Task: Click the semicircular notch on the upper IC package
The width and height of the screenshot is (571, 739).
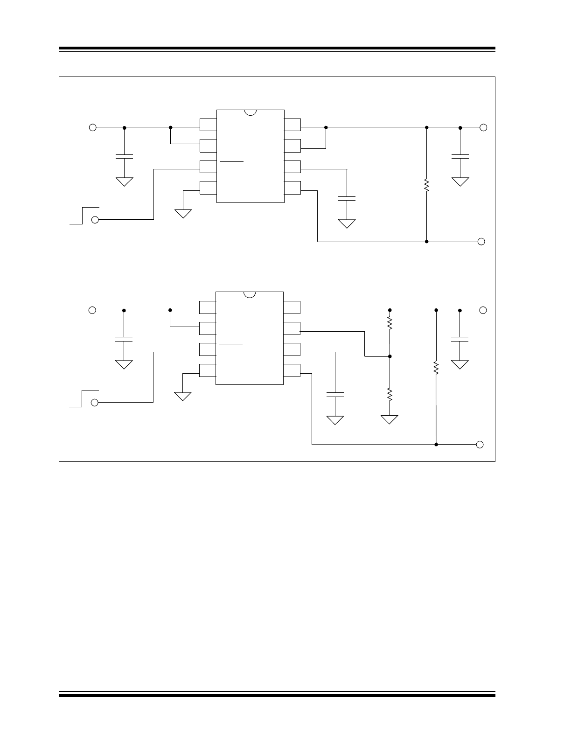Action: [x=251, y=112]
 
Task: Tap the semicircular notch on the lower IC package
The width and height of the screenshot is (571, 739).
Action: [x=250, y=294]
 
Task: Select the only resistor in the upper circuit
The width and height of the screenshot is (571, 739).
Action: [x=426, y=185]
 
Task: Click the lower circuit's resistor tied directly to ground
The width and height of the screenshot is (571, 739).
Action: [x=390, y=395]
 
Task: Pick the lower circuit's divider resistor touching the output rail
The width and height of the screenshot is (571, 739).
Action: [x=390, y=322]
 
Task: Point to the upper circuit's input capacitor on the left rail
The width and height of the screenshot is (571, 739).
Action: [x=124, y=156]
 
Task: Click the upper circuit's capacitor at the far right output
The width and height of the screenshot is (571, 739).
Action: [x=460, y=156]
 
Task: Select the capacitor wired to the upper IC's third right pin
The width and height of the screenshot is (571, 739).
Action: [x=347, y=198]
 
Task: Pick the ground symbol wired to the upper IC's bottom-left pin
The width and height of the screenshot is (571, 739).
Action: [x=183, y=214]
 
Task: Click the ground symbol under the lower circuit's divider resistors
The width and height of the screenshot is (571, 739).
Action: [x=390, y=419]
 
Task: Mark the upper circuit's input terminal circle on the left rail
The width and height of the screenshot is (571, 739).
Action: [x=93, y=127]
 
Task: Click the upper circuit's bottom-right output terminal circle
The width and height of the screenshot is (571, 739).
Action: [x=481, y=242]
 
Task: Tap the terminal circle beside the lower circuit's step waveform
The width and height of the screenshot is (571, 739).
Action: [x=95, y=403]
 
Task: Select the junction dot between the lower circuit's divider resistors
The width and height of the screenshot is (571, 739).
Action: [x=390, y=356]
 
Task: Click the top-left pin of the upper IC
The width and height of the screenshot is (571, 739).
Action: [x=208, y=125]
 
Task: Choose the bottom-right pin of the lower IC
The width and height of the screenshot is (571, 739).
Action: [x=292, y=370]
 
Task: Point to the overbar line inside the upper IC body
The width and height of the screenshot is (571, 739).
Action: [x=231, y=161]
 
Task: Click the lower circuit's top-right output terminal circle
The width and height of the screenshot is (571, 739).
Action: [x=483, y=310]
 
